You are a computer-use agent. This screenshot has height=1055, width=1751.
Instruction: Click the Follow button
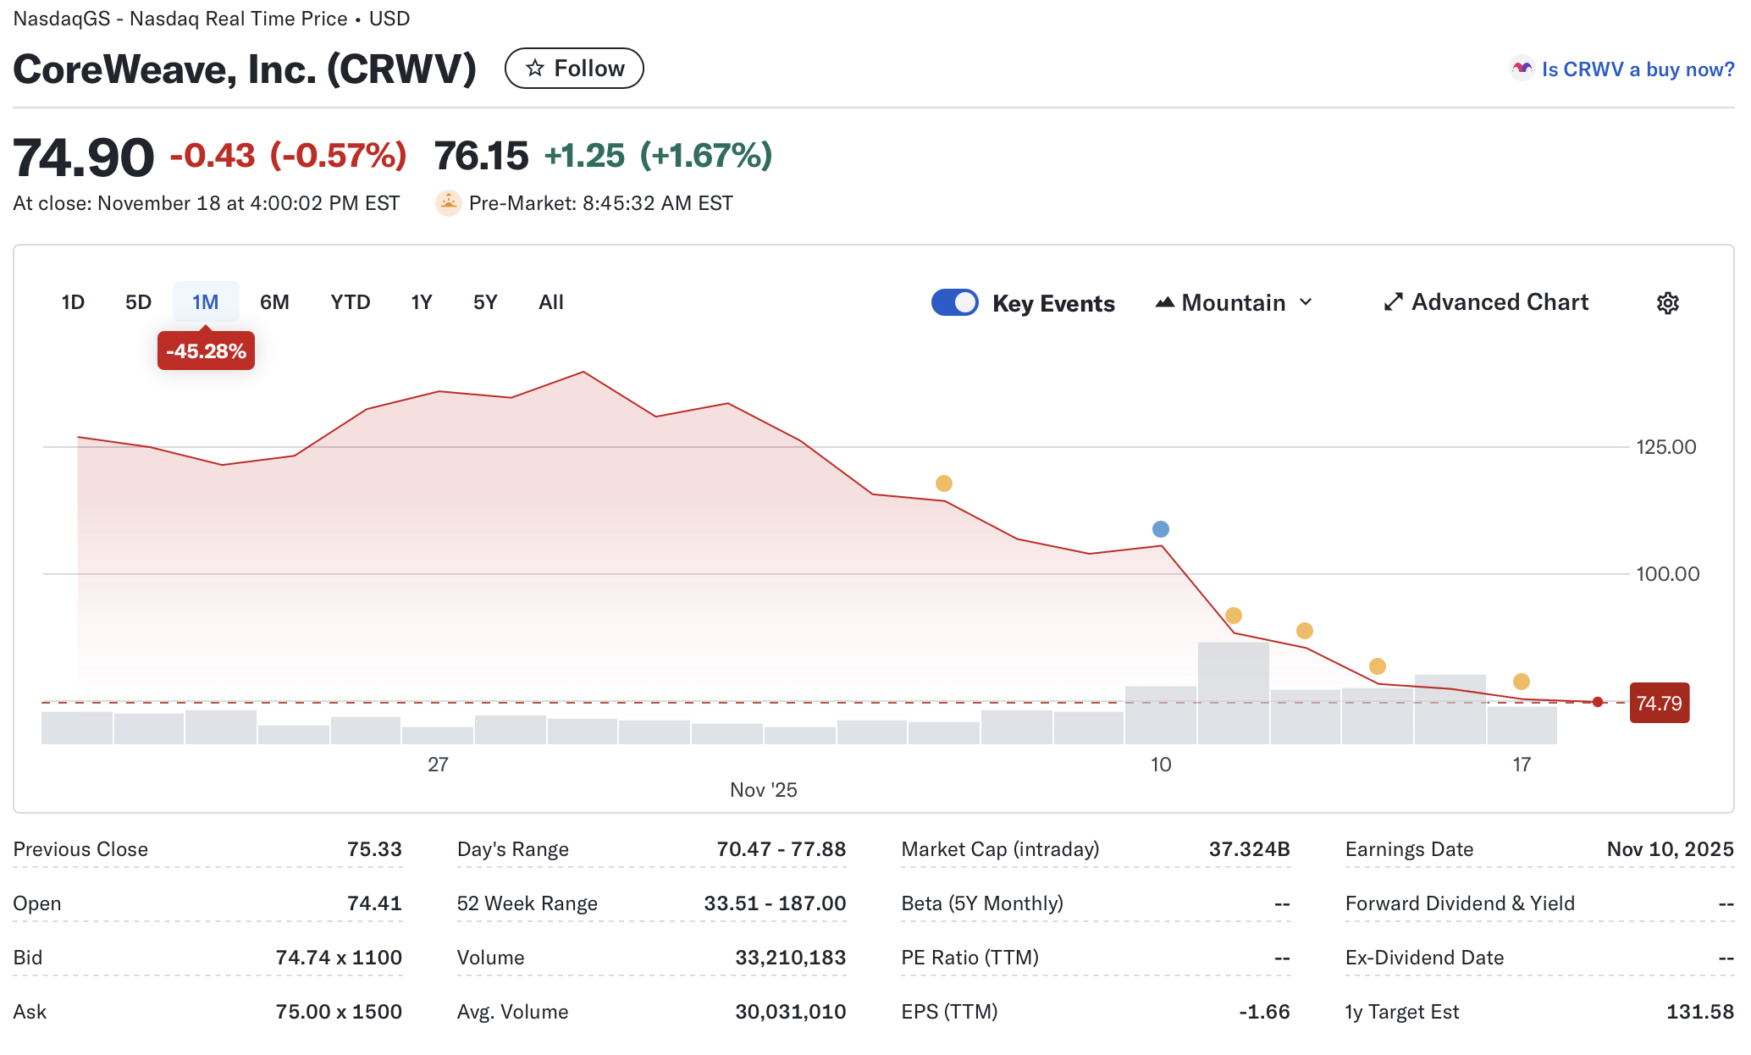(x=574, y=69)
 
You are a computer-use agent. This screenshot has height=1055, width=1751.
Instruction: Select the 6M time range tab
(x=274, y=302)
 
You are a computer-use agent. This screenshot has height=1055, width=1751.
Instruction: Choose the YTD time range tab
(x=350, y=302)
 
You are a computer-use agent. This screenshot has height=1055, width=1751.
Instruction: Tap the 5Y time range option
(x=484, y=302)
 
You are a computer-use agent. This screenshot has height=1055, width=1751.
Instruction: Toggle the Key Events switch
(x=954, y=302)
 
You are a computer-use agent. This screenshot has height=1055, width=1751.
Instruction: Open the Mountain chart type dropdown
(x=1234, y=302)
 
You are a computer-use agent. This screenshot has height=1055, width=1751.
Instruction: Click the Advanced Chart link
(x=1486, y=302)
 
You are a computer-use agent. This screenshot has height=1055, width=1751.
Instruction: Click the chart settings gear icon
(x=1667, y=303)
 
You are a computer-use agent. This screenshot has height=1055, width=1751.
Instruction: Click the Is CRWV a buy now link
(x=1637, y=69)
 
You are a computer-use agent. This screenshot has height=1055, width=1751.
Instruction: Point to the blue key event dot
(x=1161, y=529)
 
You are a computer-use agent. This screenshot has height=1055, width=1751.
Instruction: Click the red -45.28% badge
(x=206, y=351)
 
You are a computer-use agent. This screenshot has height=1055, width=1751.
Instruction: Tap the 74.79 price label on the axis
(x=1659, y=704)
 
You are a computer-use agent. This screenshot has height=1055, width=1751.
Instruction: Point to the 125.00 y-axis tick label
(x=1665, y=447)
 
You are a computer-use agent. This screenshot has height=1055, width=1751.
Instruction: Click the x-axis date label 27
(x=438, y=765)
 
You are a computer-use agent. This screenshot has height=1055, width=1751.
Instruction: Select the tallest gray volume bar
(x=1233, y=693)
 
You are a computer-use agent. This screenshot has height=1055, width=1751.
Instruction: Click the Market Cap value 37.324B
(x=1249, y=849)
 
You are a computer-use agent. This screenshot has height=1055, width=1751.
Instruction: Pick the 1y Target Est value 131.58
(x=1699, y=1012)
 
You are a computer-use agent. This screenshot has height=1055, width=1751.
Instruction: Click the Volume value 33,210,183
(x=790, y=958)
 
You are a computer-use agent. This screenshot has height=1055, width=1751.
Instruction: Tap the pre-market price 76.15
(x=481, y=156)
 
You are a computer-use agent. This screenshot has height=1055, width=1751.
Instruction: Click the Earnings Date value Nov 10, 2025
(x=1670, y=849)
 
